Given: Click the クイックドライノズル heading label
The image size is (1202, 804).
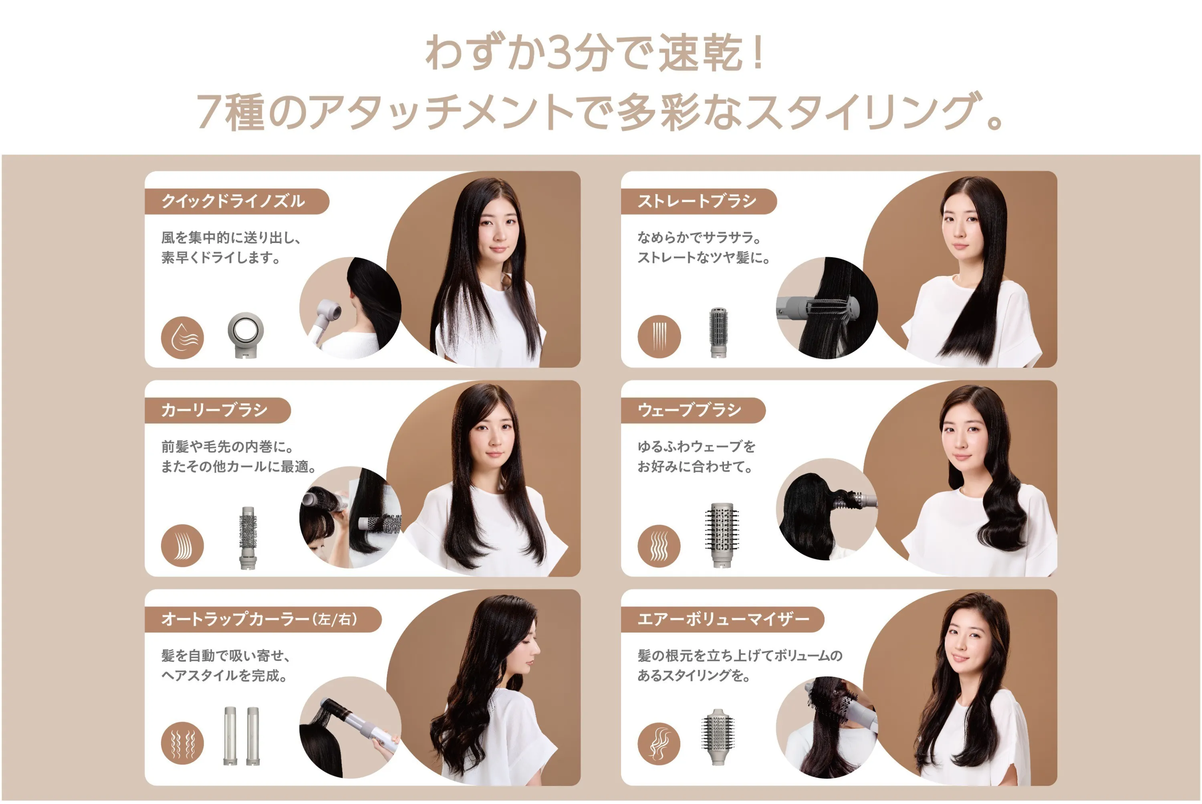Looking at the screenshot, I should [233, 201].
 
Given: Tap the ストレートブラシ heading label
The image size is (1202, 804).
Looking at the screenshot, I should [697, 201].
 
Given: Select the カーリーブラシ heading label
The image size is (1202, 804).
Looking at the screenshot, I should [215, 410].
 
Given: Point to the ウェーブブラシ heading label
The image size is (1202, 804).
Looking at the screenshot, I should [690, 410].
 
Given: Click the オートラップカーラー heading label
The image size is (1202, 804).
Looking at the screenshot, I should [259, 620].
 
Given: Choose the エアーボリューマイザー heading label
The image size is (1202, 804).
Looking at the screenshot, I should [723, 620].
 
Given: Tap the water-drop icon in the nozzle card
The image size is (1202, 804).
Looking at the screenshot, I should [182, 337].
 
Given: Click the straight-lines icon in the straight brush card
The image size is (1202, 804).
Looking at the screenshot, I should [659, 336].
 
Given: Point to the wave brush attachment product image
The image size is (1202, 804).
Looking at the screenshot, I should [722, 535].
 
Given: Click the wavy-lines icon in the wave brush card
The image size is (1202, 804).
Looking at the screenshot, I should [659, 546].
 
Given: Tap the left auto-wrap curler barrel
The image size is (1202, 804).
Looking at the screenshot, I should [230, 736].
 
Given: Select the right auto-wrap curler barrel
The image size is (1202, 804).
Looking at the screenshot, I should [253, 736].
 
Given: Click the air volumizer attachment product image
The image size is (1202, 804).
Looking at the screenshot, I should [718, 737].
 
